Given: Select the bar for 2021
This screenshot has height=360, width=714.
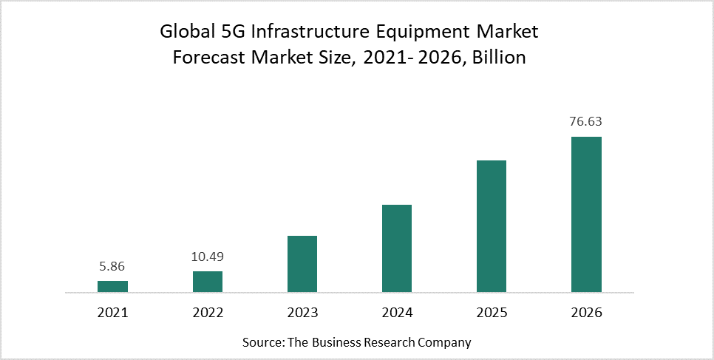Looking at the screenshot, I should point(112,287).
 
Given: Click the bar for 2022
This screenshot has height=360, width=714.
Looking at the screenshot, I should point(208,282).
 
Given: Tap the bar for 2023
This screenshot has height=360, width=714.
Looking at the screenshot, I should point(302,265).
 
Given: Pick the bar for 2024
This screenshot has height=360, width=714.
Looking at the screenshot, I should point(397,249).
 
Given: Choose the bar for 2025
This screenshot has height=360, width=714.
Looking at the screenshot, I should point(492,227).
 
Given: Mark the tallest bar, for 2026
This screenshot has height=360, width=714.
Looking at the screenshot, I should point(586,215).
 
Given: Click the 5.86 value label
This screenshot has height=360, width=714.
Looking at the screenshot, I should point(112,266).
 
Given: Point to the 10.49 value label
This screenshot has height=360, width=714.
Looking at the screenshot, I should point(208,257).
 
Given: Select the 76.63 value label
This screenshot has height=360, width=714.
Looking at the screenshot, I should point(586,122).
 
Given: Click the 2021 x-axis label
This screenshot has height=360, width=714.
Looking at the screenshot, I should point(112,313).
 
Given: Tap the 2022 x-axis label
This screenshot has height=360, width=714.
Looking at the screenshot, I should point(208,313).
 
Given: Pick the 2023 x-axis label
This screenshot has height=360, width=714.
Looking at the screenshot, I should point(302,313).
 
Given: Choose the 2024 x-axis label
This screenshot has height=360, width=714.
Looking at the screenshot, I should point(397,313).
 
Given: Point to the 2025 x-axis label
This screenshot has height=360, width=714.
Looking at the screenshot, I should point(492,313).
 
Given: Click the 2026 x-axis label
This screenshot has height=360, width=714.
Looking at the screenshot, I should point(586,313).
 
